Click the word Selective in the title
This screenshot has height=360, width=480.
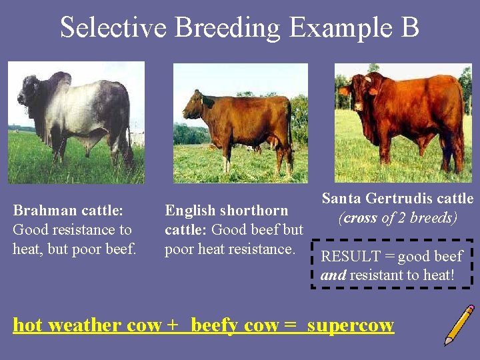click(113, 28)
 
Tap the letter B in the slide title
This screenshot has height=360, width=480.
click(409, 28)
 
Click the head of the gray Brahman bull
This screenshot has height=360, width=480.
click(31, 93)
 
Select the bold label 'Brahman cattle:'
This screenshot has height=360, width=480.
click(68, 211)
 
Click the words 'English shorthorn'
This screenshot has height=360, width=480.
click(227, 211)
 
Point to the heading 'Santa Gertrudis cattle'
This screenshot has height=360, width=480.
click(397, 199)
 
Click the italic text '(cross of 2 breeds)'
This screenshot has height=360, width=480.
click(397, 219)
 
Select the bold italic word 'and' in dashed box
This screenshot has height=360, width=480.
click(333, 275)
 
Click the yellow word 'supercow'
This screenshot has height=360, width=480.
click(351, 325)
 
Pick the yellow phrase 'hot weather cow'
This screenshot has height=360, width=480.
click(87, 325)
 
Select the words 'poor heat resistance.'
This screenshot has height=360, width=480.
click(229, 249)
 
